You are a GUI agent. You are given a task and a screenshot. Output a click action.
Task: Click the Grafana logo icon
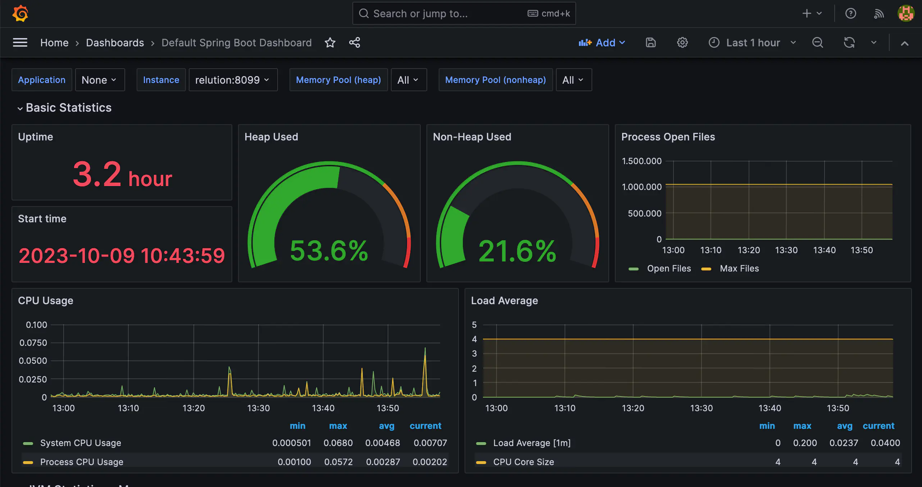(20, 14)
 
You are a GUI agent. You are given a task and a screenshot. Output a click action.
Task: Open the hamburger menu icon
(20, 43)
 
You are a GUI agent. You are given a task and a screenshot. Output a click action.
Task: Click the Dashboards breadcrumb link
(115, 43)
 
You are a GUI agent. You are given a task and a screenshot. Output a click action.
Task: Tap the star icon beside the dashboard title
(330, 43)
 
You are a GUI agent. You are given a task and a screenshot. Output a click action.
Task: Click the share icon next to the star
(355, 43)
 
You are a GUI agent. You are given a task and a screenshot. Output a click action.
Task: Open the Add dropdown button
(602, 43)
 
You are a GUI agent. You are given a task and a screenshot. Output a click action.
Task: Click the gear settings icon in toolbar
(682, 43)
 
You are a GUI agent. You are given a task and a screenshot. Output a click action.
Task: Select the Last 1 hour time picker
(752, 43)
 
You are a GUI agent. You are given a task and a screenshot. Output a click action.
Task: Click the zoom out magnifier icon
(817, 43)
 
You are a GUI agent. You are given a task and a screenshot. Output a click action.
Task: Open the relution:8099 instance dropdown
(233, 80)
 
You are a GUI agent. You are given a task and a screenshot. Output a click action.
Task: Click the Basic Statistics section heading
(69, 108)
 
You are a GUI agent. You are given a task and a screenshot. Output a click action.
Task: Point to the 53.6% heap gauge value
(329, 251)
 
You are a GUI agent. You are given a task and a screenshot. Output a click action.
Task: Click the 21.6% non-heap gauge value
(517, 251)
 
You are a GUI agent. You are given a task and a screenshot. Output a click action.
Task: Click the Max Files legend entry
(739, 269)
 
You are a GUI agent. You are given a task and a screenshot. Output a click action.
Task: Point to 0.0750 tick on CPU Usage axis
(33, 343)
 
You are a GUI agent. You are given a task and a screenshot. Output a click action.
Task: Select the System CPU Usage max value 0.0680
(338, 443)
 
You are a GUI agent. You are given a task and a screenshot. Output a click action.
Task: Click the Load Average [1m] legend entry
(531, 443)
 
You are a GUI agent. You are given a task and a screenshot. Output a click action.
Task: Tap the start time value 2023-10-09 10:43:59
(122, 256)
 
